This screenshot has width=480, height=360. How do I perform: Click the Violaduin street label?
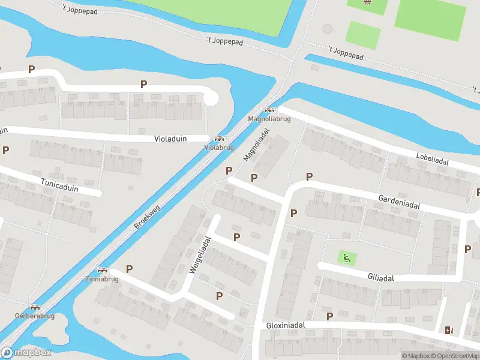170,139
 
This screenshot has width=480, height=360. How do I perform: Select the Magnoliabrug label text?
269,119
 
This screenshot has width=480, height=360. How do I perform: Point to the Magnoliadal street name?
254,142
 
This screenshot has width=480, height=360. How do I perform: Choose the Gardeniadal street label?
398,201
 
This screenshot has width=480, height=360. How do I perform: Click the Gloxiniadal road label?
286,325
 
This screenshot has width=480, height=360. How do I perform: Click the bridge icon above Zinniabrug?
102,271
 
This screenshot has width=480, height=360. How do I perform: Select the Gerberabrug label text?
35,316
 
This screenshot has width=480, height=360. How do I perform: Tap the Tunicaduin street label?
60,182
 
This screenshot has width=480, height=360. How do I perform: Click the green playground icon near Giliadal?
346,259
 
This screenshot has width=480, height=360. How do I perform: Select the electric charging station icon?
448,329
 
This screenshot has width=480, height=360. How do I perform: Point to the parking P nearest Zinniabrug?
129,269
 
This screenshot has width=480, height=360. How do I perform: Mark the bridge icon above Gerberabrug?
35,307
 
